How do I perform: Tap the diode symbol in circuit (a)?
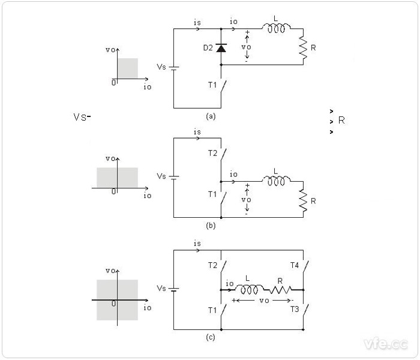[x=221, y=47]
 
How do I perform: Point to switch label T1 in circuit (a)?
[x=213, y=85]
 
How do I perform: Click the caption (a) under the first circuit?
[x=210, y=116]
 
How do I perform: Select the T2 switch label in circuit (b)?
[x=213, y=154]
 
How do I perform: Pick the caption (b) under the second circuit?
[x=210, y=226]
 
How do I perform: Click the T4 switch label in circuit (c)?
[x=294, y=265]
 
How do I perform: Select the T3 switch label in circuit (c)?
[x=294, y=310]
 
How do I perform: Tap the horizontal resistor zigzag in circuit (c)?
[x=280, y=289]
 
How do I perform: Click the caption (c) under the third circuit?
[x=210, y=338]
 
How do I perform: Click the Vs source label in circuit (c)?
[x=161, y=289]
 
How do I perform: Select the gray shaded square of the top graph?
[x=128, y=68]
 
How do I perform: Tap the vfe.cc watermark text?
[x=385, y=343]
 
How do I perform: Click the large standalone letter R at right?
[x=341, y=120]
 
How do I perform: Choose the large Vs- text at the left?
[x=81, y=117]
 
